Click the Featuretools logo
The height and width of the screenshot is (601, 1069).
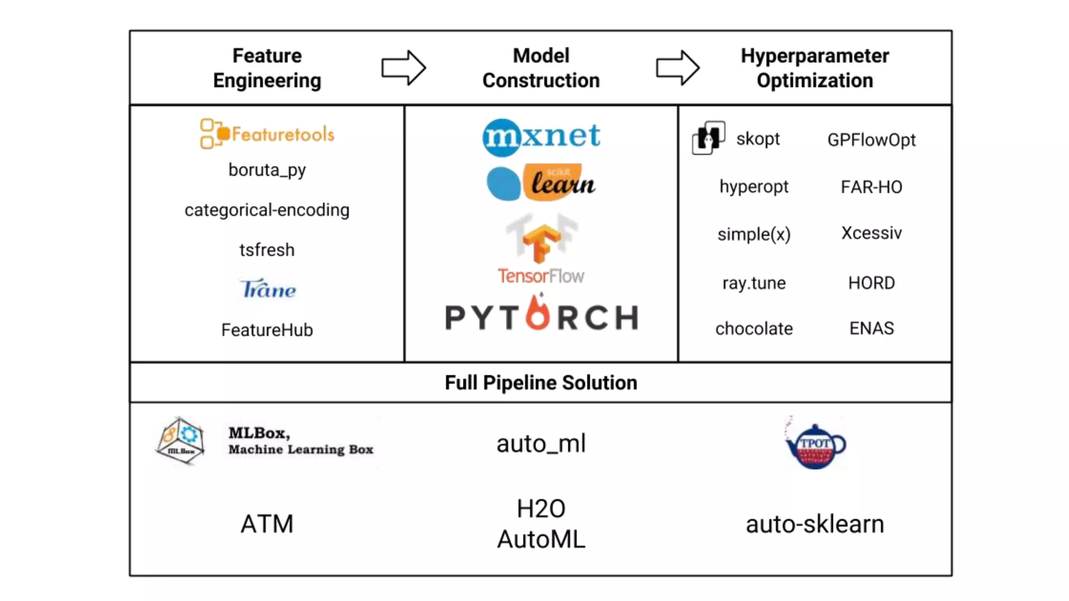click(x=267, y=134)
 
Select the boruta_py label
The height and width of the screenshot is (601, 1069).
click(x=267, y=170)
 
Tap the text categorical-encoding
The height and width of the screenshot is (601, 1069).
click(x=267, y=210)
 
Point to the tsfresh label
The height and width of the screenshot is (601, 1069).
click(x=267, y=250)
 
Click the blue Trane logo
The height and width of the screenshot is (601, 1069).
click(x=268, y=289)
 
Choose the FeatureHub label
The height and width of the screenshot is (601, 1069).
click(x=267, y=330)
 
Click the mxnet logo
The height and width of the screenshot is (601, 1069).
click(x=541, y=137)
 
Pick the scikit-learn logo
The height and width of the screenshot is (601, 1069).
click(x=541, y=183)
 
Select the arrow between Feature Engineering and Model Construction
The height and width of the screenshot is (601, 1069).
click(x=403, y=68)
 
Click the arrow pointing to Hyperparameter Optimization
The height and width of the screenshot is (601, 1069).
click(x=678, y=68)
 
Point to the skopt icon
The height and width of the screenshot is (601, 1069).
click(x=708, y=138)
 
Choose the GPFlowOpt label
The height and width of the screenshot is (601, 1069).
click(x=871, y=140)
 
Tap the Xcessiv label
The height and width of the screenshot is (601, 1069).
click(x=871, y=233)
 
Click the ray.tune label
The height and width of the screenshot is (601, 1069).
click(x=754, y=283)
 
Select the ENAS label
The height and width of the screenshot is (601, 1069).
click(x=871, y=328)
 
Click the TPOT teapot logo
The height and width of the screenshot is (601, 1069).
click(x=815, y=445)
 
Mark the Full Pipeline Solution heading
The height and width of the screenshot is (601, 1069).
click(x=541, y=382)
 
